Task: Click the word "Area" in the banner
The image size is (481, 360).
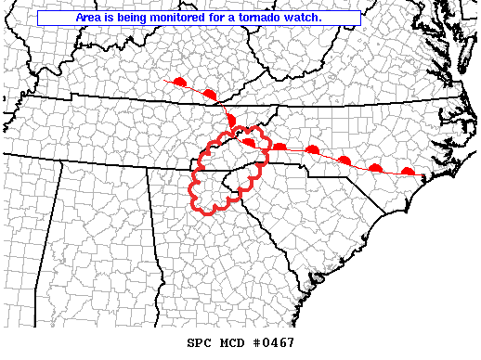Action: [91, 18]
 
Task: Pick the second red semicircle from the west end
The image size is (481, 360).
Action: [209, 95]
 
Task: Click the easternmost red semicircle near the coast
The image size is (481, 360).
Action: [407, 171]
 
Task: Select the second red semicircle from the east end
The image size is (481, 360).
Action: [376, 167]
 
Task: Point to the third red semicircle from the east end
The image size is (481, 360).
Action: [344, 161]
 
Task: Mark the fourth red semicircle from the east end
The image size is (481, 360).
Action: [313, 149]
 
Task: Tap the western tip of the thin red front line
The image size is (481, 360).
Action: [163, 81]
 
